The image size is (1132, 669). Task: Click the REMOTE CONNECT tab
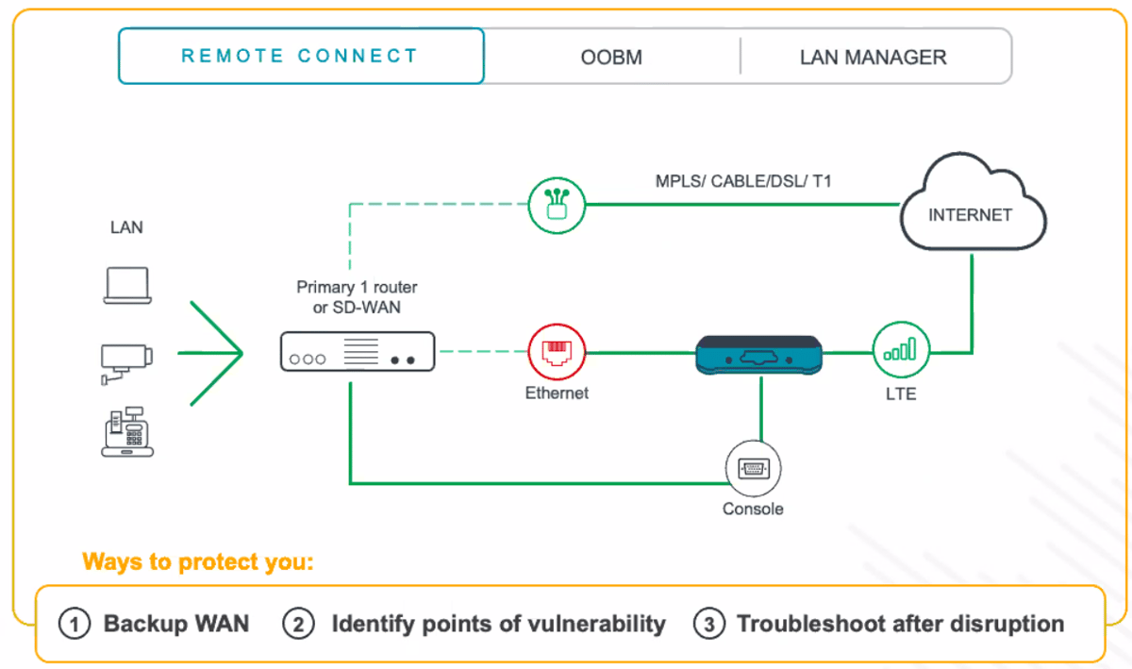point(300,56)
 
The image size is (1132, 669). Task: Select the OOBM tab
point(611,58)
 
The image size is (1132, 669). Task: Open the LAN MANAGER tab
point(873,58)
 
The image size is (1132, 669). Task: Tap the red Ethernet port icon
point(557,352)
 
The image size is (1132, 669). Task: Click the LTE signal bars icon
point(901,351)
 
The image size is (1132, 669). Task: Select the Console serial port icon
point(754,469)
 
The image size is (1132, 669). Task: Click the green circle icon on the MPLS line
point(557,204)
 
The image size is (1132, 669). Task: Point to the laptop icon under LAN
point(126,286)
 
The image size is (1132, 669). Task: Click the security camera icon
point(126,360)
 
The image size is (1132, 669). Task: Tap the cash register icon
point(126,432)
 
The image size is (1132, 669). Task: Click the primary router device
point(358,352)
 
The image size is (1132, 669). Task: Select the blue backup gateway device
point(760,355)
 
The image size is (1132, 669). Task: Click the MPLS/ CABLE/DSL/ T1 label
point(743,180)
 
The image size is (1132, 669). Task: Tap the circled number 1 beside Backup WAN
point(74,624)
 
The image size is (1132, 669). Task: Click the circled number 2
point(298,624)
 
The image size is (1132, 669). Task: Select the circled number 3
point(708,624)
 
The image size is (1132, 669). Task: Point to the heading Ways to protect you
point(198,562)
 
